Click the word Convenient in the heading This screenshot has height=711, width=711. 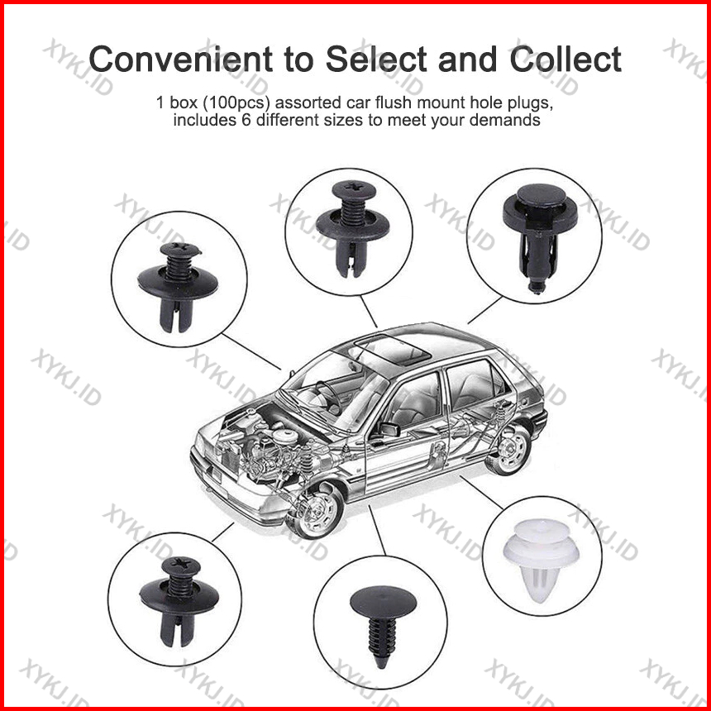(x=180, y=60)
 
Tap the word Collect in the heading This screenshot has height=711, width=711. (x=565, y=60)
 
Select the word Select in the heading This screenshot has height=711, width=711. (x=376, y=60)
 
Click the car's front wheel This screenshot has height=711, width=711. (x=317, y=511)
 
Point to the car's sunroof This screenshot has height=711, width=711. (x=392, y=351)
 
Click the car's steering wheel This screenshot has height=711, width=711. (x=329, y=397)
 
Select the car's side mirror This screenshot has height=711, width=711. (x=389, y=428)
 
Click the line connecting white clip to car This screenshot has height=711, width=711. (x=481, y=492)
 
